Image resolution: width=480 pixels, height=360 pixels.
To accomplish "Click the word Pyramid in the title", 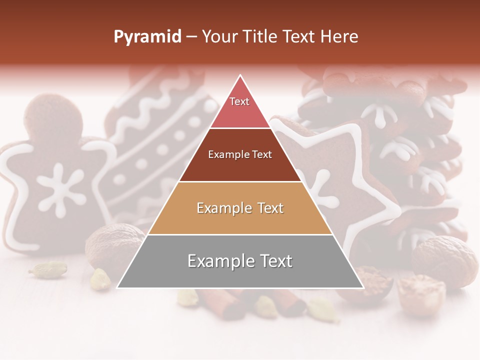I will (x=147, y=37).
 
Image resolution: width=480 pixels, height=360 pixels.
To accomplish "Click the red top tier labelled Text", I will (x=239, y=107).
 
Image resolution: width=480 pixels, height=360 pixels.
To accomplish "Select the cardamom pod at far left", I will (x=47, y=269).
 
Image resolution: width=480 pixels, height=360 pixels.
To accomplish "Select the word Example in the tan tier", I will (x=218, y=208).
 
